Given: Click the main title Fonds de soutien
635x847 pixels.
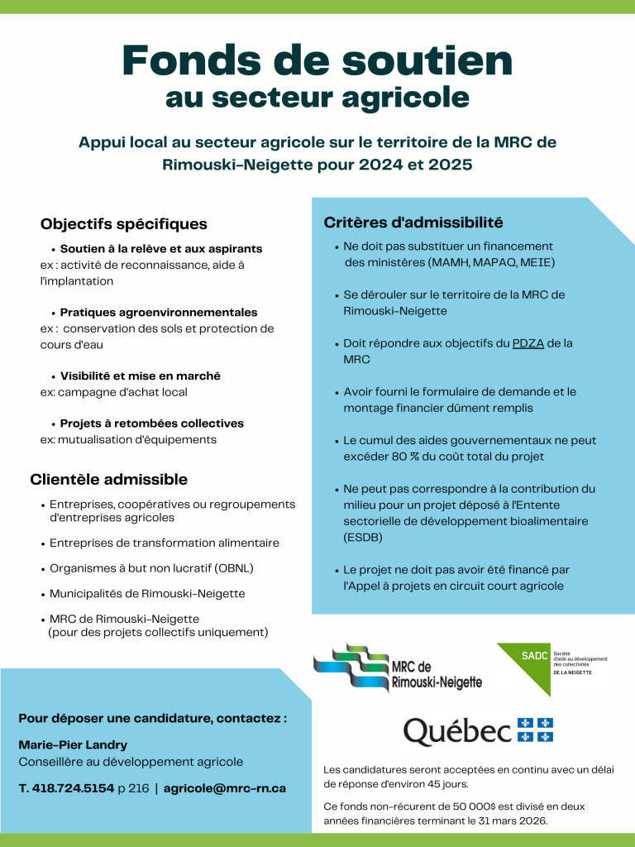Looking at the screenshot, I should tap(317, 60).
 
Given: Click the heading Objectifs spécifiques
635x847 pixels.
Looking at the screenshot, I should tap(124, 224).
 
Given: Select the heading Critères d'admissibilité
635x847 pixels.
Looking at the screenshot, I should tap(413, 222).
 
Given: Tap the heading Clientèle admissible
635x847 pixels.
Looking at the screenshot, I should tap(109, 480).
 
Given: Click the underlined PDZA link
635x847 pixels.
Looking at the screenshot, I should tap(528, 342).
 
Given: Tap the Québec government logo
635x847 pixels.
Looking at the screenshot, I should tap(478, 731).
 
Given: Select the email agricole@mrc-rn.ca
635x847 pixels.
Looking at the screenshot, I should tap(225, 788).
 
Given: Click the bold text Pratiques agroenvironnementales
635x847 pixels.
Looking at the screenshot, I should tap(159, 313).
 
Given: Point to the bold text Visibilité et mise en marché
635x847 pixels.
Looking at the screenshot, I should tap(141, 376).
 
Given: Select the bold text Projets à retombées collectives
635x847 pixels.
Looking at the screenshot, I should tap(152, 423).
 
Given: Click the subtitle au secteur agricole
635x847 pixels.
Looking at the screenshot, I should tap(317, 98).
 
